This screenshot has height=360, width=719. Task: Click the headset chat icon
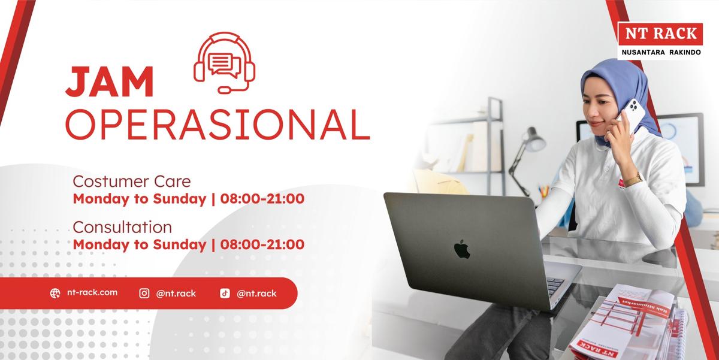[x=224, y=62]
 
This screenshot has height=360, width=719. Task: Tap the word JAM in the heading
[x=110, y=81]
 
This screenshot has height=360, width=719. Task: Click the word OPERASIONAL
[x=217, y=125]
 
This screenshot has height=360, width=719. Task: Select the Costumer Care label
[x=132, y=181]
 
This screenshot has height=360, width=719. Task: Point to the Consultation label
[x=122, y=227]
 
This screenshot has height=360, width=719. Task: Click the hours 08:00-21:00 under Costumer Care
[x=262, y=199]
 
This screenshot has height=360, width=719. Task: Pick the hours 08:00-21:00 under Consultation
[x=262, y=244]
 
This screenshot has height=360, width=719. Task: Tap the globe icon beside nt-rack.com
[x=55, y=294]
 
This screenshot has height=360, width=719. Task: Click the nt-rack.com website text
[x=92, y=292]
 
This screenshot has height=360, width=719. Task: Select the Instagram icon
[x=144, y=294]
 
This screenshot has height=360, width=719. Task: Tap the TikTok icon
[x=225, y=294]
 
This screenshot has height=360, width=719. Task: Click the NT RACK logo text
[x=661, y=34]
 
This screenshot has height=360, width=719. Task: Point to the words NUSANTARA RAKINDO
[x=661, y=52]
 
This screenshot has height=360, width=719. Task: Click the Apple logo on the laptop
[x=462, y=249]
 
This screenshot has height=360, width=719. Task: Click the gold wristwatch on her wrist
[x=634, y=180]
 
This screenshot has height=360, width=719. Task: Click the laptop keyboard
[x=555, y=286]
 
